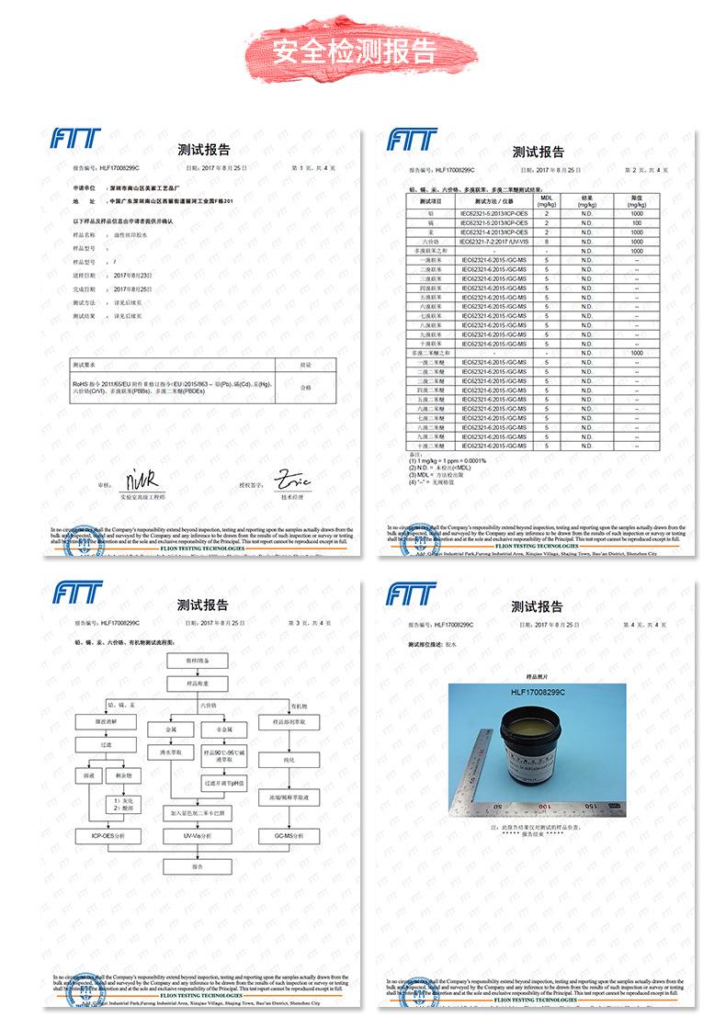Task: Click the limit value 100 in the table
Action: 636,223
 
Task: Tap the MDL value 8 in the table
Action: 547,241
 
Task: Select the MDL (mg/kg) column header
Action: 547,201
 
